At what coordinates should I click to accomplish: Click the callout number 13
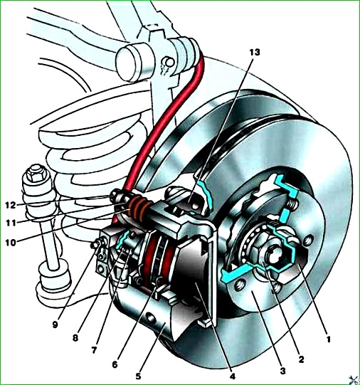click(x=254, y=52)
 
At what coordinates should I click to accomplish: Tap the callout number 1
click(x=329, y=339)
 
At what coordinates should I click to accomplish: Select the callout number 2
click(x=302, y=359)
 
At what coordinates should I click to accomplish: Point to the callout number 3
click(x=282, y=371)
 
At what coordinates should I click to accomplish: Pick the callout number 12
click(x=11, y=205)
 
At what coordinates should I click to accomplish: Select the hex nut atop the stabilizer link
click(x=37, y=173)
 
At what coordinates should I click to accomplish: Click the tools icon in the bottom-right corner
click(x=353, y=379)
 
